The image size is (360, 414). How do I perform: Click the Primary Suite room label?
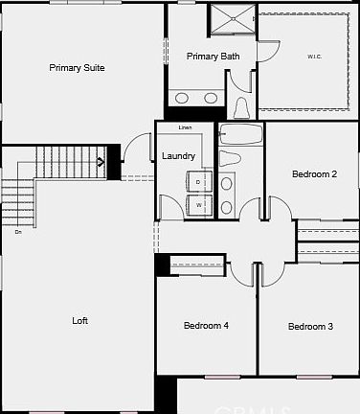[x=78, y=68]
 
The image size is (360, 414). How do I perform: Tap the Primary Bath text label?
[x=213, y=57]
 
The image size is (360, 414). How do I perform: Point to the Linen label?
[x=186, y=127]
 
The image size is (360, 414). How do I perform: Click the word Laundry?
[x=179, y=156]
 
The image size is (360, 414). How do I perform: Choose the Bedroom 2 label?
[x=313, y=173]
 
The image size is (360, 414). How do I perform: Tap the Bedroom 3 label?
[x=310, y=327]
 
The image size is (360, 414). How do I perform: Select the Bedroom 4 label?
[x=206, y=326]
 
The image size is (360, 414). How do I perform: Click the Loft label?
[x=80, y=321]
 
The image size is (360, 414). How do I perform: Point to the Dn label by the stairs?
[x=17, y=231]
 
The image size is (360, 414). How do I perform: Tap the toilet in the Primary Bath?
[x=241, y=105]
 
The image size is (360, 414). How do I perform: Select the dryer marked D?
[x=198, y=182]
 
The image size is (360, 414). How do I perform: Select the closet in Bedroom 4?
[x=196, y=265]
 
